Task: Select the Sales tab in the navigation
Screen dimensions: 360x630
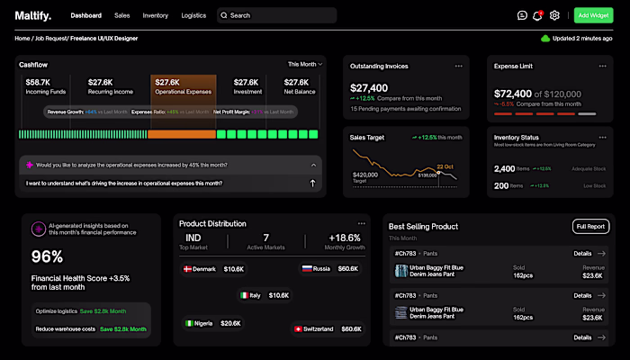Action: point(121,15)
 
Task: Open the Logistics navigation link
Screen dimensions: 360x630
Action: point(193,15)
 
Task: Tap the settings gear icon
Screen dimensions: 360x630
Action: point(554,15)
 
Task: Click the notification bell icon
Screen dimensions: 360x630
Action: point(537,15)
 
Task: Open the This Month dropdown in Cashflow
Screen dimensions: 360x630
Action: point(303,64)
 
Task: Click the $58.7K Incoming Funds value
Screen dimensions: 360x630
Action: point(38,82)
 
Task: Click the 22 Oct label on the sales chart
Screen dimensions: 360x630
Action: point(445,166)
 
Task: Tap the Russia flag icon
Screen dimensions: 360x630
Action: point(307,269)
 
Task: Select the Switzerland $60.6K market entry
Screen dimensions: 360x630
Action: point(327,329)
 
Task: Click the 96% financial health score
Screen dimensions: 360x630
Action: point(48,256)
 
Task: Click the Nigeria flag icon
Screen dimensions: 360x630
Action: point(191,323)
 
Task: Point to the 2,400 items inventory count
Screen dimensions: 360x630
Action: point(505,168)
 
